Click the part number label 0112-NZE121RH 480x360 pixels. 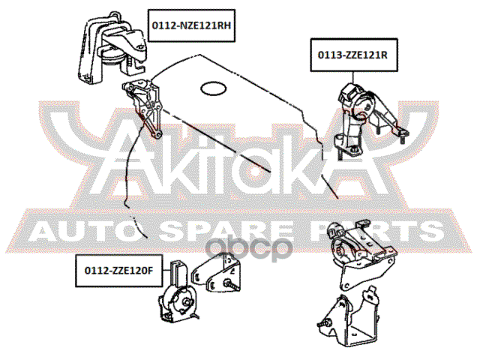pyautogui.click(x=191, y=25)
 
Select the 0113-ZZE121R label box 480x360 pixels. pyautogui.click(x=354, y=55)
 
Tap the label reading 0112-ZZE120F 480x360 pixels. pyautogui.click(x=118, y=271)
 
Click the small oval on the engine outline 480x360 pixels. pyautogui.click(x=214, y=88)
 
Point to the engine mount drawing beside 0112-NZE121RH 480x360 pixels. pyautogui.click(x=111, y=47)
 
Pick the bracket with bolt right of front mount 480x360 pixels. pyautogui.click(x=217, y=273)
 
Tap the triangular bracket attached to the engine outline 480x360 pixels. pyautogui.click(x=142, y=108)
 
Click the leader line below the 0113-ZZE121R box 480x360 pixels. pyautogui.click(x=353, y=77)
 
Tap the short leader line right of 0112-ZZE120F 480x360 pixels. pyautogui.click(x=166, y=270)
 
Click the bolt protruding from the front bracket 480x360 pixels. pyautogui.click(x=232, y=285)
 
